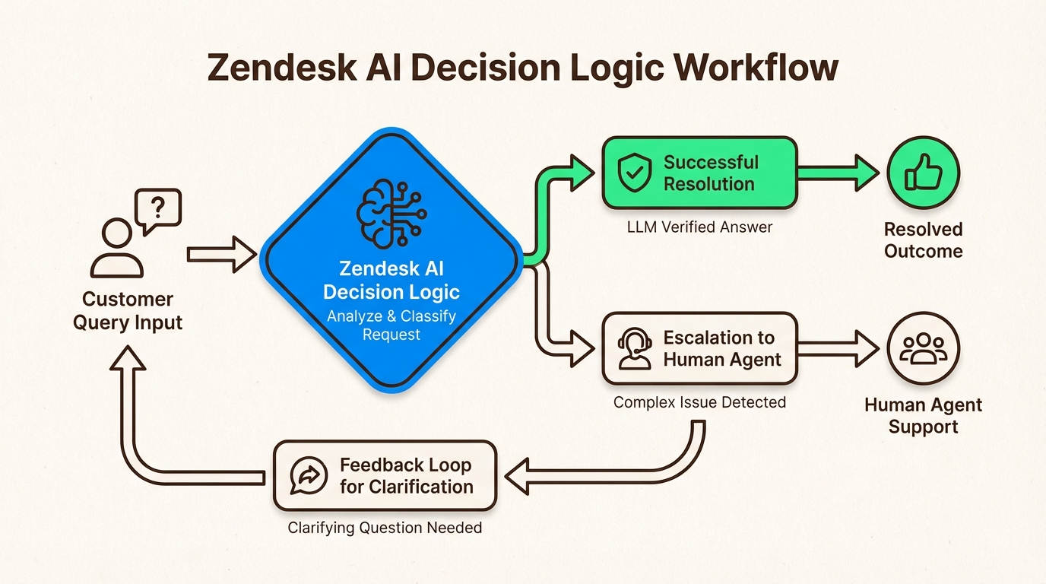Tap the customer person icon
point(116,248)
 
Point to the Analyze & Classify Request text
point(391,325)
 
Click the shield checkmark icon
point(634,173)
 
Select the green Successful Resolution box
point(699,173)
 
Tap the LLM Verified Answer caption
point(699,227)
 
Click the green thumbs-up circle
point(924,173)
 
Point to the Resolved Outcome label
point(924,240)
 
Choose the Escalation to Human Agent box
point(699,349)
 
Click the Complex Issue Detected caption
point(699,401)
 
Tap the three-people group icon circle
point(924,349)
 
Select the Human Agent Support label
point(924,415)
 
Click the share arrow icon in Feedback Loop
point(309,476)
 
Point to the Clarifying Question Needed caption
point(385,528)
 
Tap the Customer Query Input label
point(128,310)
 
